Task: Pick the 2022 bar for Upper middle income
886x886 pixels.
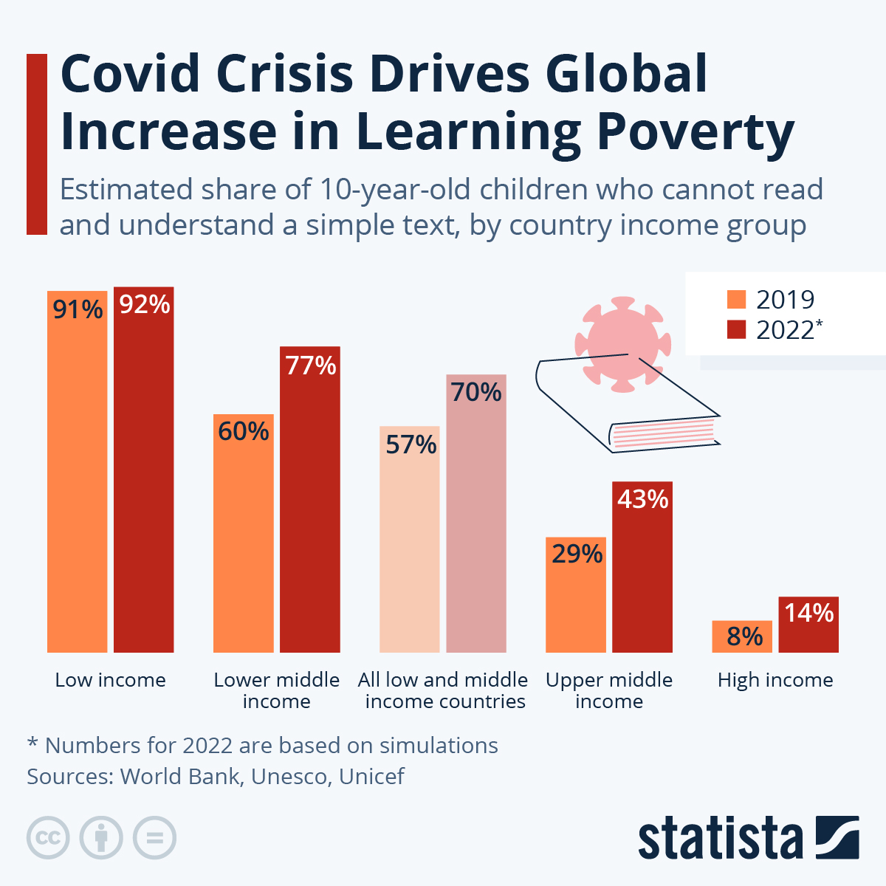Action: tap(642, 576)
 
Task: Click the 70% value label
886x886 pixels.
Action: tap(476, 392)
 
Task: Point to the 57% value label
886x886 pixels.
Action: tap(411, 444)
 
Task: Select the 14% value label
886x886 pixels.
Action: tap(808, 613)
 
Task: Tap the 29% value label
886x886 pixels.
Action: tap(577, 554)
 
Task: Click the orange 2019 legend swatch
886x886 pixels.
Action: tap(736, 299)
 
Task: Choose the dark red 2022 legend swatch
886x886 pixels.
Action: tap(736, 329)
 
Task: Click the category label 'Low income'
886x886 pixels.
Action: tap(111, 680)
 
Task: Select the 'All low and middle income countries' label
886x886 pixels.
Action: tap(443, 690)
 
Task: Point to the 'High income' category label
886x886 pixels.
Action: tap(775, 680)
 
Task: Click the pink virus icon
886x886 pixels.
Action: tap(622, 332)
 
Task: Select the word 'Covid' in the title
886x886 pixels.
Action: tap(130, 74)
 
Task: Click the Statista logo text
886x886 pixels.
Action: tap(721, 839)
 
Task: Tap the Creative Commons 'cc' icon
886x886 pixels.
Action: tap(48, 838)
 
